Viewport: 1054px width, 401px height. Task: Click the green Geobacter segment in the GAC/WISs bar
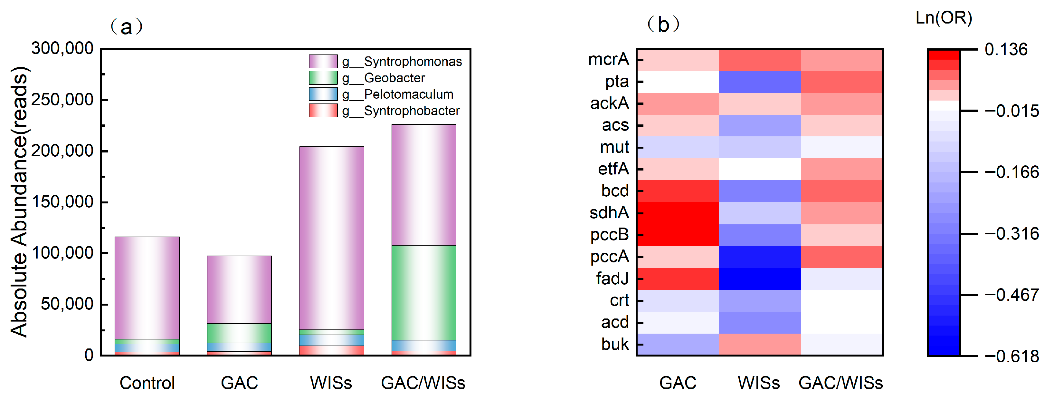423,292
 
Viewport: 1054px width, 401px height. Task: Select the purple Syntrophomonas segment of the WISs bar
331,238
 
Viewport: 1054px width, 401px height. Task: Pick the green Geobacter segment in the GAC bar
239,333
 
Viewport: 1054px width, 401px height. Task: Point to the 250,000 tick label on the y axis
62,100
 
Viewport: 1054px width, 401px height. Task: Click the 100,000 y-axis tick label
62,253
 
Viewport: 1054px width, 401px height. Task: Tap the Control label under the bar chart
147,383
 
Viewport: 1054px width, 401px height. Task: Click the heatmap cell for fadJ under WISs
759,279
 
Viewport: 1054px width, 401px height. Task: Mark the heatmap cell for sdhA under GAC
678,213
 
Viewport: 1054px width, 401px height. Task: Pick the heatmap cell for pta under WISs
759,82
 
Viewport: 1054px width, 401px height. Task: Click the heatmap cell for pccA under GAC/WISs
841,257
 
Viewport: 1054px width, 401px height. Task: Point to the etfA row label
613,169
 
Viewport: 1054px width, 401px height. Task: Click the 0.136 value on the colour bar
1006,50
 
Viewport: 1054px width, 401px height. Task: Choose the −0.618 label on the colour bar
1011,356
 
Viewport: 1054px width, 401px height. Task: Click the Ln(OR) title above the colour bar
944,18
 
